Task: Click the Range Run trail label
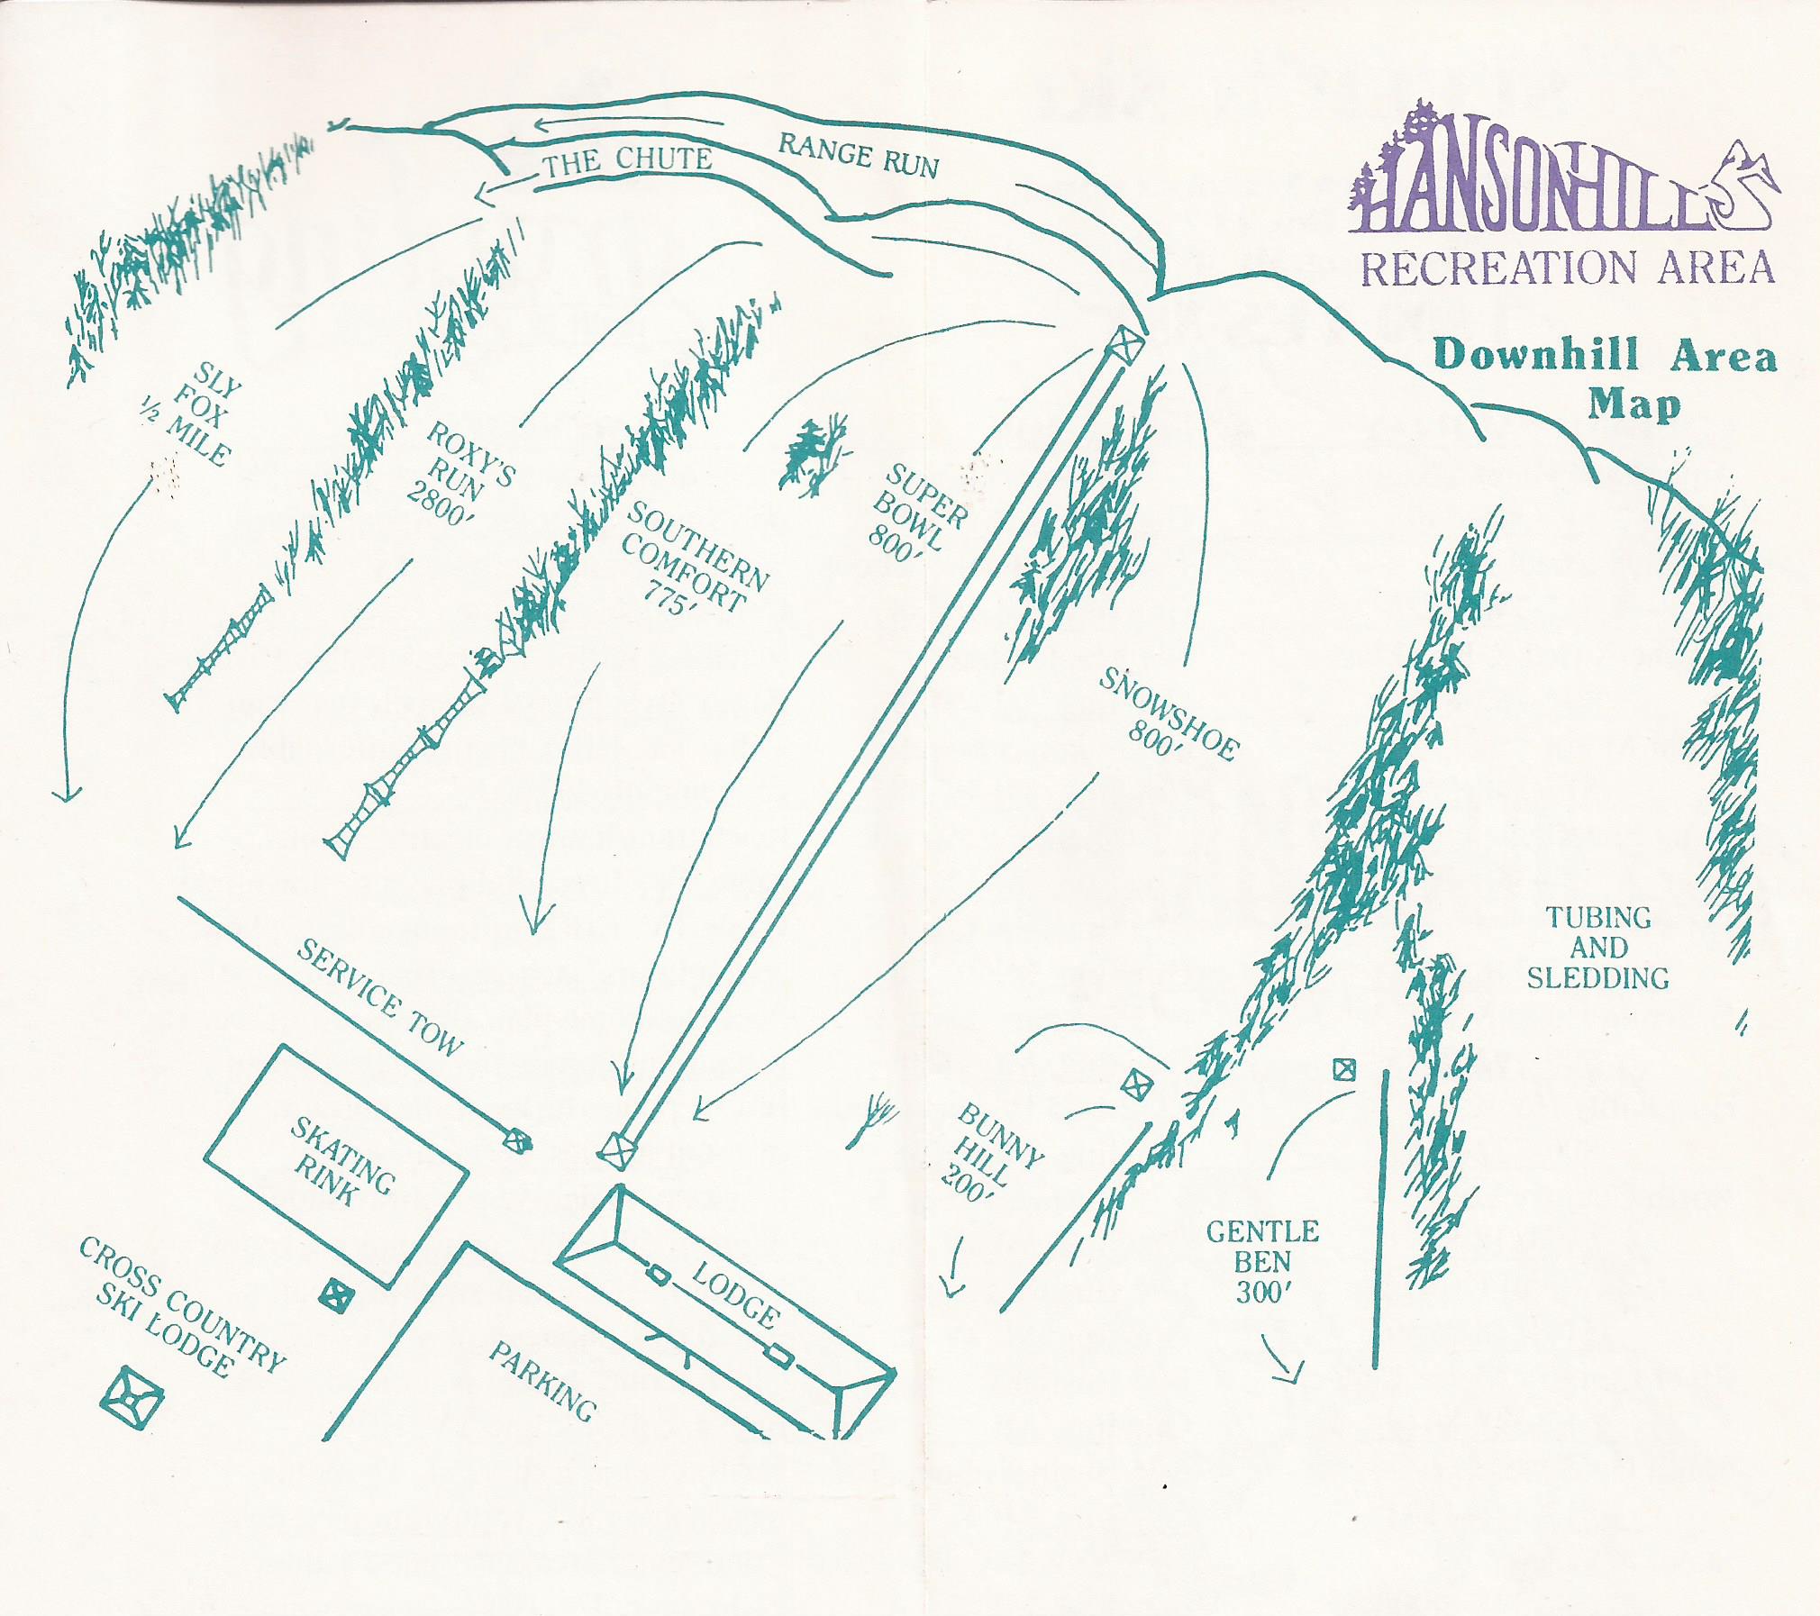(858, 155)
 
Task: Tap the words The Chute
(628, 161)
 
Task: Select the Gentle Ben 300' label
(1262, 1262)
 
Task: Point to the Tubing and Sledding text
(1597, 949)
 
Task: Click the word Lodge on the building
(735, 1294)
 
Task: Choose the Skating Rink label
(340, 1163)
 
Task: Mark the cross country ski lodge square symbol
(132, 1399)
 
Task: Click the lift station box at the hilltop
(1124, 344)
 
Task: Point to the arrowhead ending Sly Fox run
(66, 794)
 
